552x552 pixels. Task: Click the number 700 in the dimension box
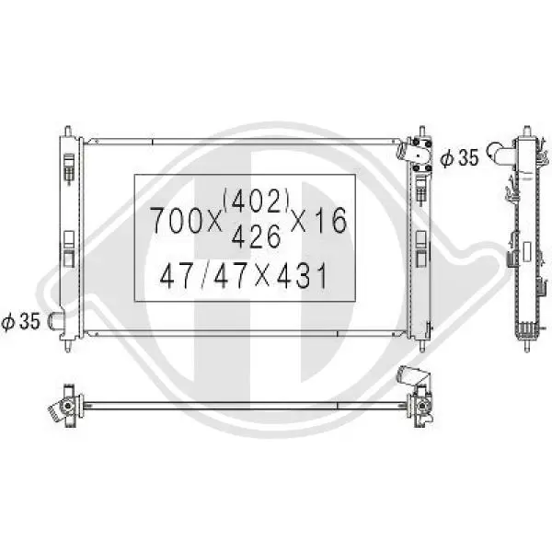pos(177,221)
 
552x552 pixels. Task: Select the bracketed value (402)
pos(256,200)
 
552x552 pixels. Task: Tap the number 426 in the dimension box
pos(257,236)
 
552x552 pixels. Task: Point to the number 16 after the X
pos(330,221)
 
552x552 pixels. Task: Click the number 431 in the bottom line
pos(302,276)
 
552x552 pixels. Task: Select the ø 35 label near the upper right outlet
pos(459,157)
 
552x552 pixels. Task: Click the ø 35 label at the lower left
pos(21,321)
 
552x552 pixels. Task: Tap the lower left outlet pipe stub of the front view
pos(56,321)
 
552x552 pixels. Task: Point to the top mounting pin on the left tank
pos(68,132)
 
